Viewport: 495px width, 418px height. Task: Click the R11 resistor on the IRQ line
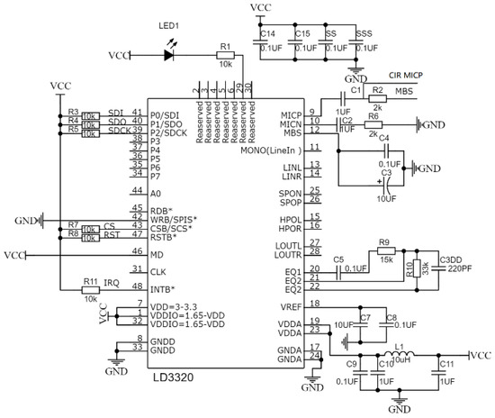91,288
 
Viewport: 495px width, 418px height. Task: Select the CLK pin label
158,269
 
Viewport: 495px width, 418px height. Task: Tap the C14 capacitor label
268,33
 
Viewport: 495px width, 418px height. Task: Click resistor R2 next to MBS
379,100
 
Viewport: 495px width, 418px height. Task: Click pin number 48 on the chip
137,286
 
